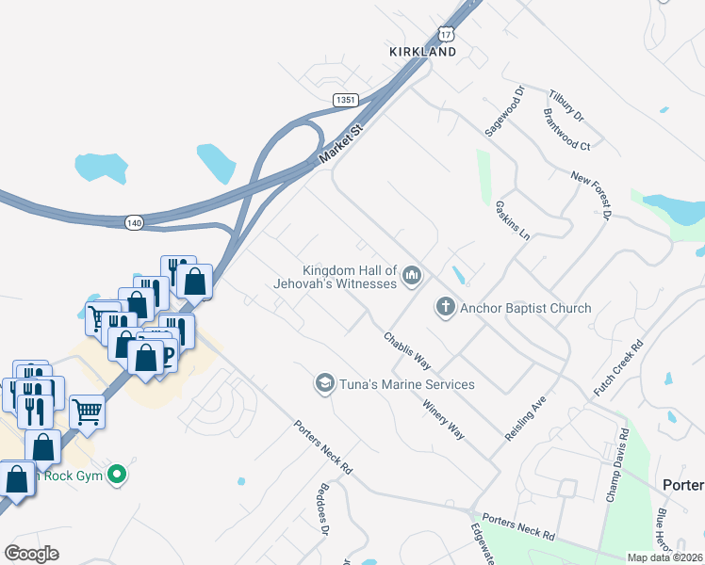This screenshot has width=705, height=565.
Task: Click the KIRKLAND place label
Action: (x=423, y=52)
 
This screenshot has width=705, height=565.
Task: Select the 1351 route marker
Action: (x=346, y=99)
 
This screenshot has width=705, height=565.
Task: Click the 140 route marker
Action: (x=135, y=222)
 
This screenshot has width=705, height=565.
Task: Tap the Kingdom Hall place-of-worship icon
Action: (x=410, y=275)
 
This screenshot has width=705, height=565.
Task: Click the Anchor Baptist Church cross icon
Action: (x=445, y=307)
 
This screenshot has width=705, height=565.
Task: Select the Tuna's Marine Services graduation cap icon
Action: (x=324, y=383)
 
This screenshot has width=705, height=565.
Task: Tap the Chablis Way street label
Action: (x=407, y=350)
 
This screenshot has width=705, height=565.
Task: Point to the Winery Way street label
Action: (x=443, y=419)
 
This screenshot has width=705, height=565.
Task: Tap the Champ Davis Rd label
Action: (x=616, y=465)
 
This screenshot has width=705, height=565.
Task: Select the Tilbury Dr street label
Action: (x=566, y=105)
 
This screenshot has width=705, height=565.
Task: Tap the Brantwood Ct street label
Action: (x=566, y=129)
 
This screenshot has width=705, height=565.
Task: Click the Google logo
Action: (x=32, y=554)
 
